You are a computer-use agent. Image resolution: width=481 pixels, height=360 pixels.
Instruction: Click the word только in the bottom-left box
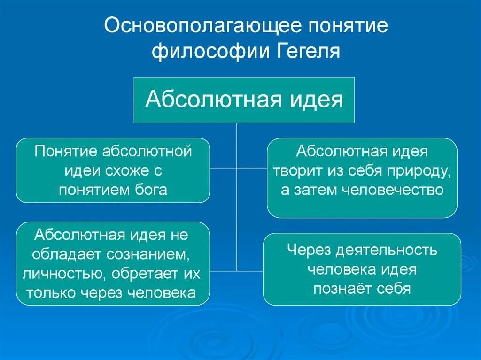pos(50,293)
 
